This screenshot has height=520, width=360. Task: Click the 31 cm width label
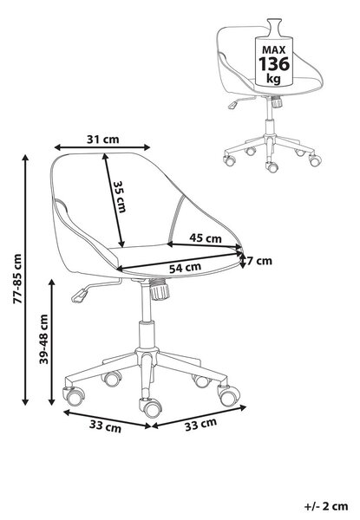pos(103,140)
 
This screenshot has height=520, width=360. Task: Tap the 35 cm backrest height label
pos(120,197)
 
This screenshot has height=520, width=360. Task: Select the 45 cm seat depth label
pos(206,237)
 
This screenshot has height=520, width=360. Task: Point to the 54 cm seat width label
pos(185,267)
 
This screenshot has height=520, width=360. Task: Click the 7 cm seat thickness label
pos(259,261)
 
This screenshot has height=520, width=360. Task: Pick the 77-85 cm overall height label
pos(17,279)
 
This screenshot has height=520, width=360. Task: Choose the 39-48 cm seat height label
pos(43,339)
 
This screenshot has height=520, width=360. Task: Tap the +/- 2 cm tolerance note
pos(326,506)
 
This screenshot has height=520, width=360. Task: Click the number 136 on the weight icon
pos(274,64)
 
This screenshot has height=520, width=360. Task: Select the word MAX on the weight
pos(274,50)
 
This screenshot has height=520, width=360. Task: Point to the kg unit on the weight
pos(274,79)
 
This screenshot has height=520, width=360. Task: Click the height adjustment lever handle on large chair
pos(79,296)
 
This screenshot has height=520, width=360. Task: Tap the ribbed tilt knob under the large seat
pos(160,289)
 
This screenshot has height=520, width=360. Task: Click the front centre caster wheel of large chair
pos(151,407)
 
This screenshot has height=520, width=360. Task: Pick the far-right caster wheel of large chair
pos(229,394)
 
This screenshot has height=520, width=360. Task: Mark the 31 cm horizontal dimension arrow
pos(102,147)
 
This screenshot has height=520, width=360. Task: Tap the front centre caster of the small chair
pos(272,166)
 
